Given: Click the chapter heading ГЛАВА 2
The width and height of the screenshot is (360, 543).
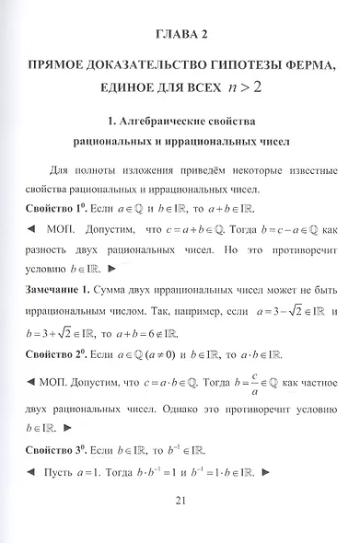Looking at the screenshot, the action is tap(180, 35).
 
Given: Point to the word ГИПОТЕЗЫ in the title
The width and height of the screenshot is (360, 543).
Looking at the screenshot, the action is tap(238, 68).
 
